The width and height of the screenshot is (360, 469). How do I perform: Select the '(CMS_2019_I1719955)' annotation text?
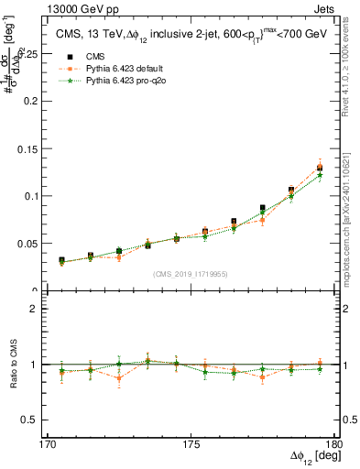tap(191, 273)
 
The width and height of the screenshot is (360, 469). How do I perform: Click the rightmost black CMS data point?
tap(320, 168)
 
